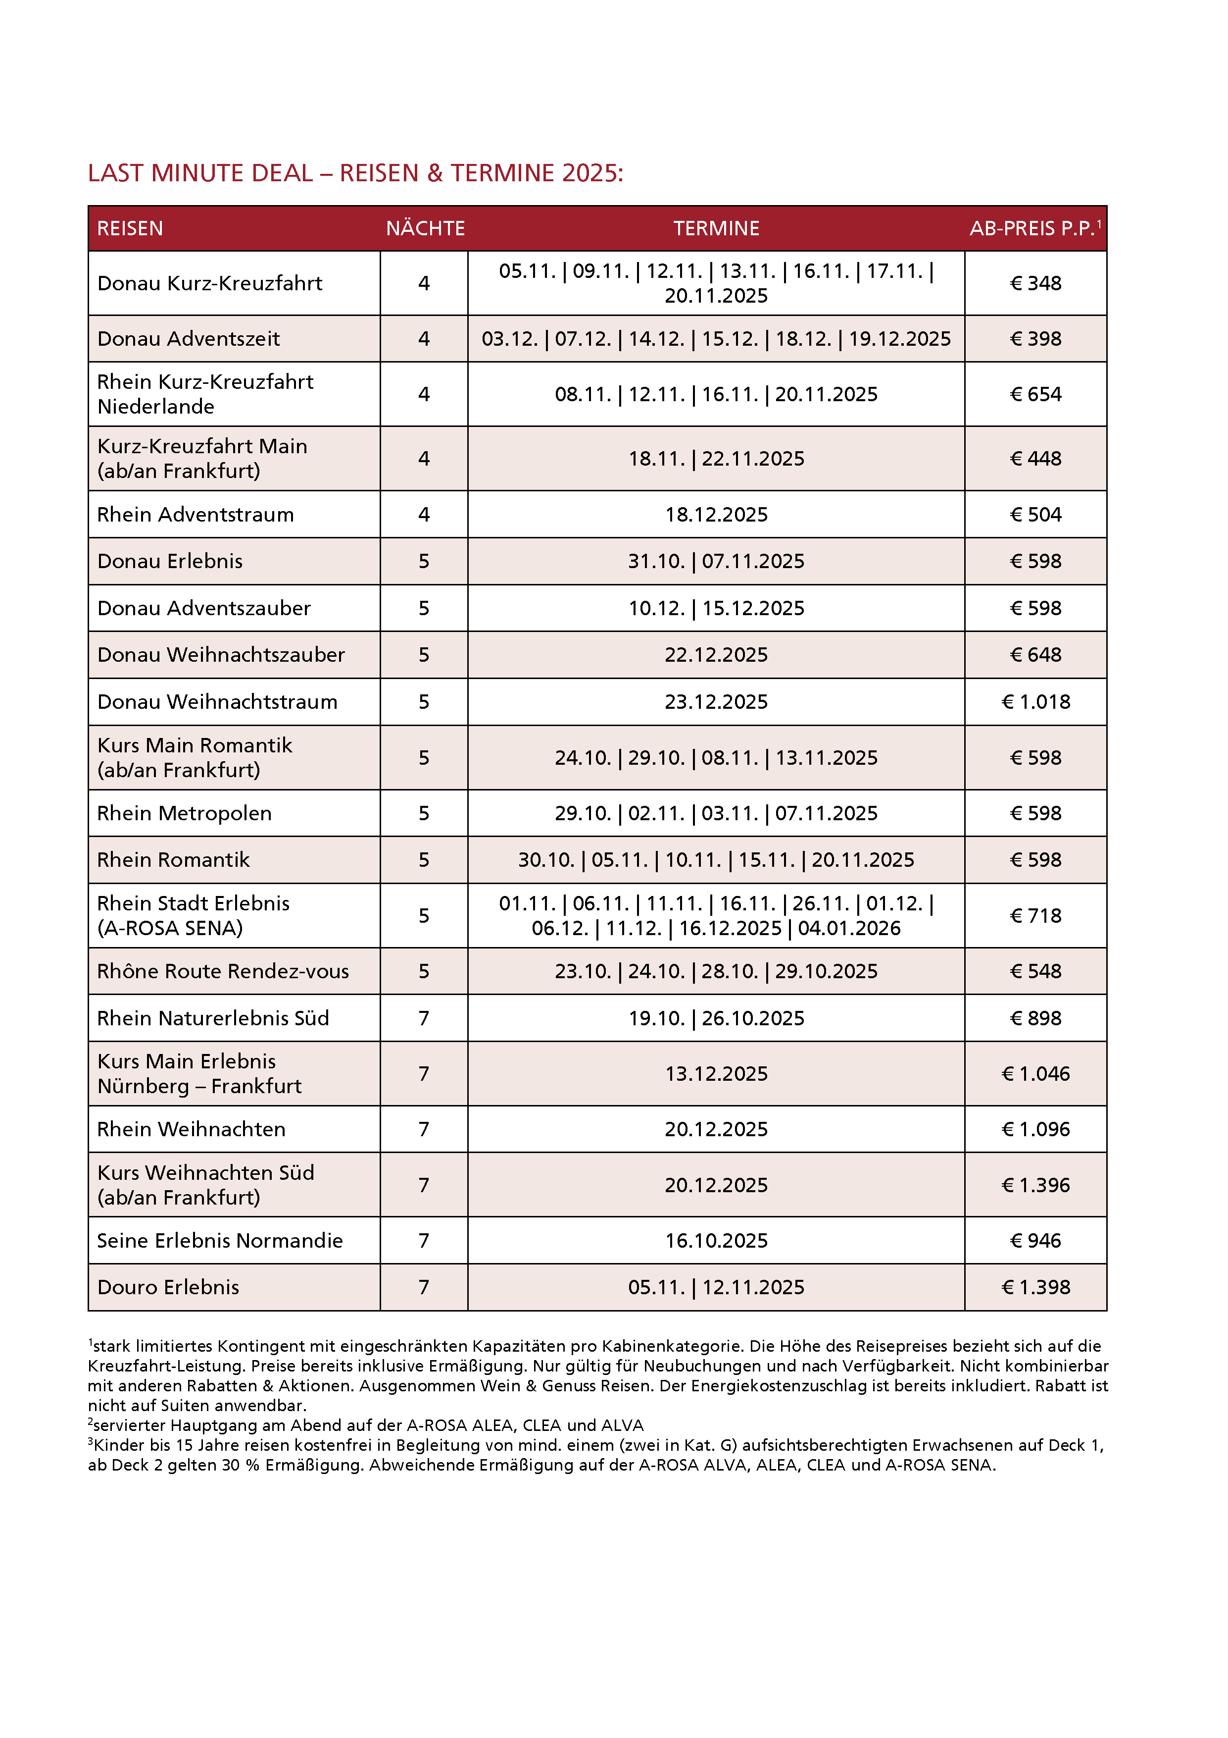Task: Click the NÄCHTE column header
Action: [425, 228]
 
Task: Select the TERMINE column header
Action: [716, 228]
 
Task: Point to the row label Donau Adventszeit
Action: [189, 338]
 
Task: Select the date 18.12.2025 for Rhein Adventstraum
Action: [716, 515]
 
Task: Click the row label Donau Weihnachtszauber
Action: [221, 655]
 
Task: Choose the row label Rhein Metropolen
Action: [184, 813]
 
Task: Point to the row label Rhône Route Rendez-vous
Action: [223, 971]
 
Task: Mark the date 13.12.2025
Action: [716, 1073]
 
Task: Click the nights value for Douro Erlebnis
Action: [424, 1287]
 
